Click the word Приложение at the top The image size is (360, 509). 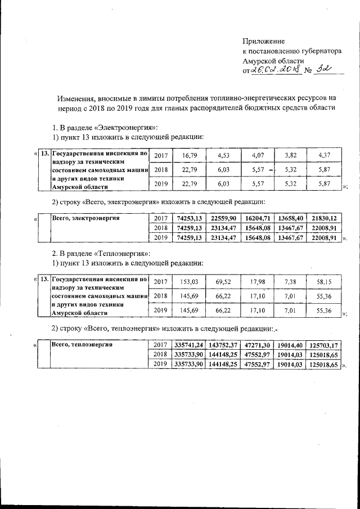coord(264,41)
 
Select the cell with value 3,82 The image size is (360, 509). coord(290,155)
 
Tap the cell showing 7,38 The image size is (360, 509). coord(290,282)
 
